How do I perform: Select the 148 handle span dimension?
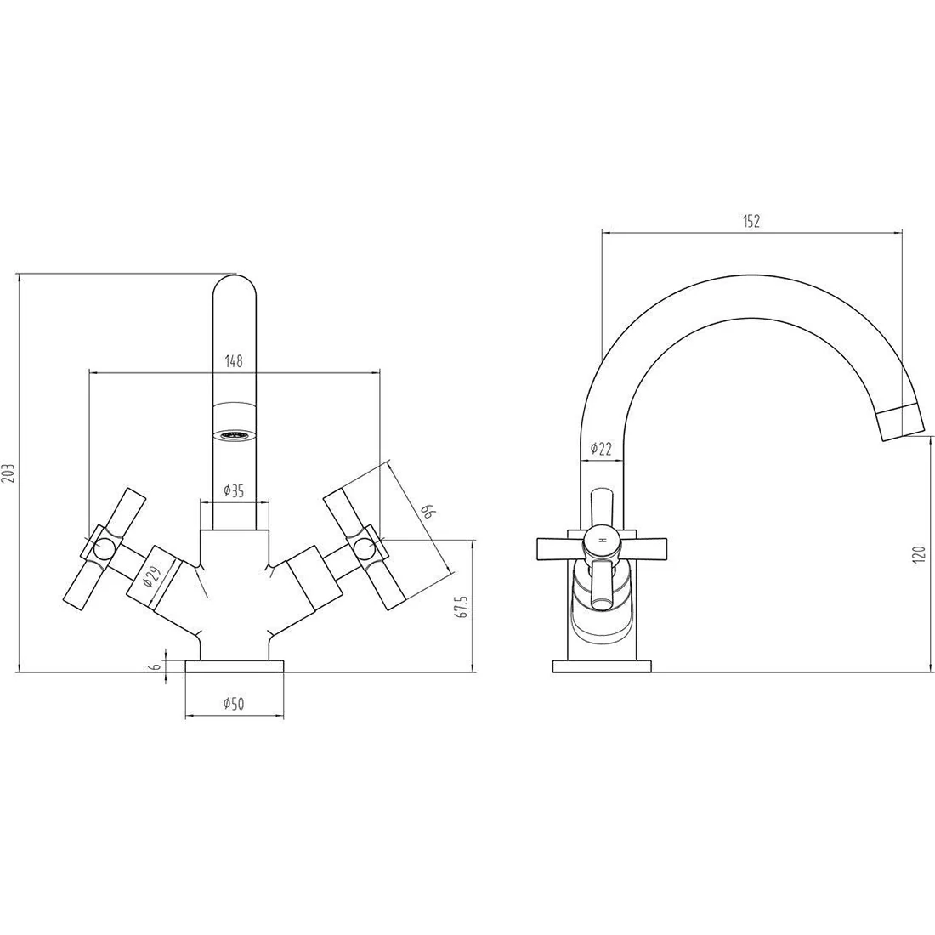[x=234, y=360]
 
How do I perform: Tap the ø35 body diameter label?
[x=234, y=490]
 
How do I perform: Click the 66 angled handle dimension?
[x=428, y=512]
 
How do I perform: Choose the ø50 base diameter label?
[x=234, y=704]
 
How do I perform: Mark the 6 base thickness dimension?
[x=157, y=666]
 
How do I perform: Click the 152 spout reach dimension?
[x=751, y=221]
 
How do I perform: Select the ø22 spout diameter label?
[x=601, y=449]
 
